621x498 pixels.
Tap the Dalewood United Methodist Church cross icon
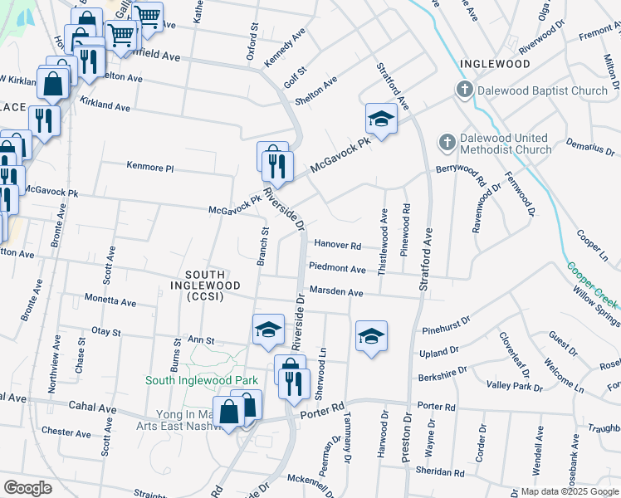pos(447,143)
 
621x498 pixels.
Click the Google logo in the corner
pos(27,487)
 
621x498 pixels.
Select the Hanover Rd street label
pos(338,246)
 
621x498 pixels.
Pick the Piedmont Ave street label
pos(337,269)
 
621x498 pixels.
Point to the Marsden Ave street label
pos(336,293)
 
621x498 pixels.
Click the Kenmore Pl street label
pos(150,168)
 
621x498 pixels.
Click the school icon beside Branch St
pos(268,330)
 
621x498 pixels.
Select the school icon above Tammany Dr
pos(371,335)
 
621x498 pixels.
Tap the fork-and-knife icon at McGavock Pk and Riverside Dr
pos(277,166)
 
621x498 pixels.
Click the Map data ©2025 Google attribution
pos(569,491)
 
